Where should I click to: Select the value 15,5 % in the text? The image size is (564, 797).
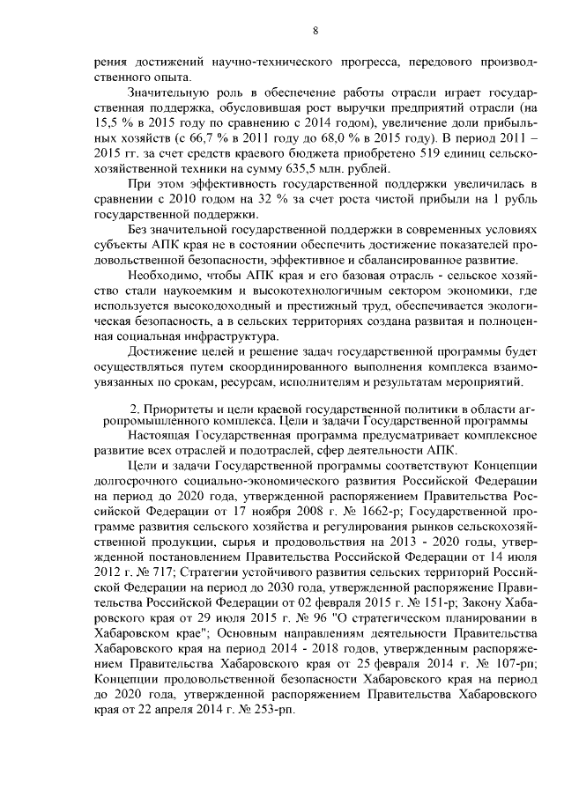[x=114, y=124]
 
